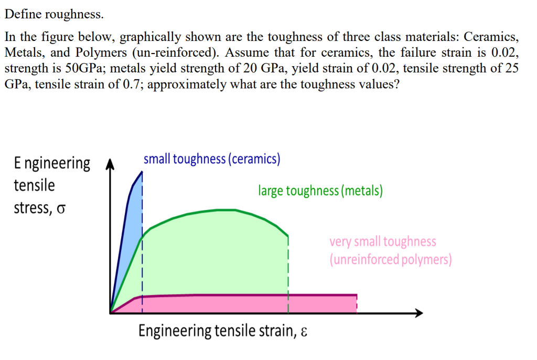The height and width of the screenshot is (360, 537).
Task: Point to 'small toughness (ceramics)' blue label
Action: [x=211, y=159]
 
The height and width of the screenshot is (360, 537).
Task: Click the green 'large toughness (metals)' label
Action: [x=320, y=190]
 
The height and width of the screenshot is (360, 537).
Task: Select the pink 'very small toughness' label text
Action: [x=383, y=241]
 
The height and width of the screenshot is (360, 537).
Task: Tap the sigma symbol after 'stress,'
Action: [x=62, y=209]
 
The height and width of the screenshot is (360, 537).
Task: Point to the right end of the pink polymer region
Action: [x=356, y=304]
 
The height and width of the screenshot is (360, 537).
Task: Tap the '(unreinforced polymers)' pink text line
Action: [x=390, y=260]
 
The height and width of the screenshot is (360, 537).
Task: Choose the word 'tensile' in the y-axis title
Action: [x=34, y=186]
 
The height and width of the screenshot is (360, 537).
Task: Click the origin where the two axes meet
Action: [x=111, y=313]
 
